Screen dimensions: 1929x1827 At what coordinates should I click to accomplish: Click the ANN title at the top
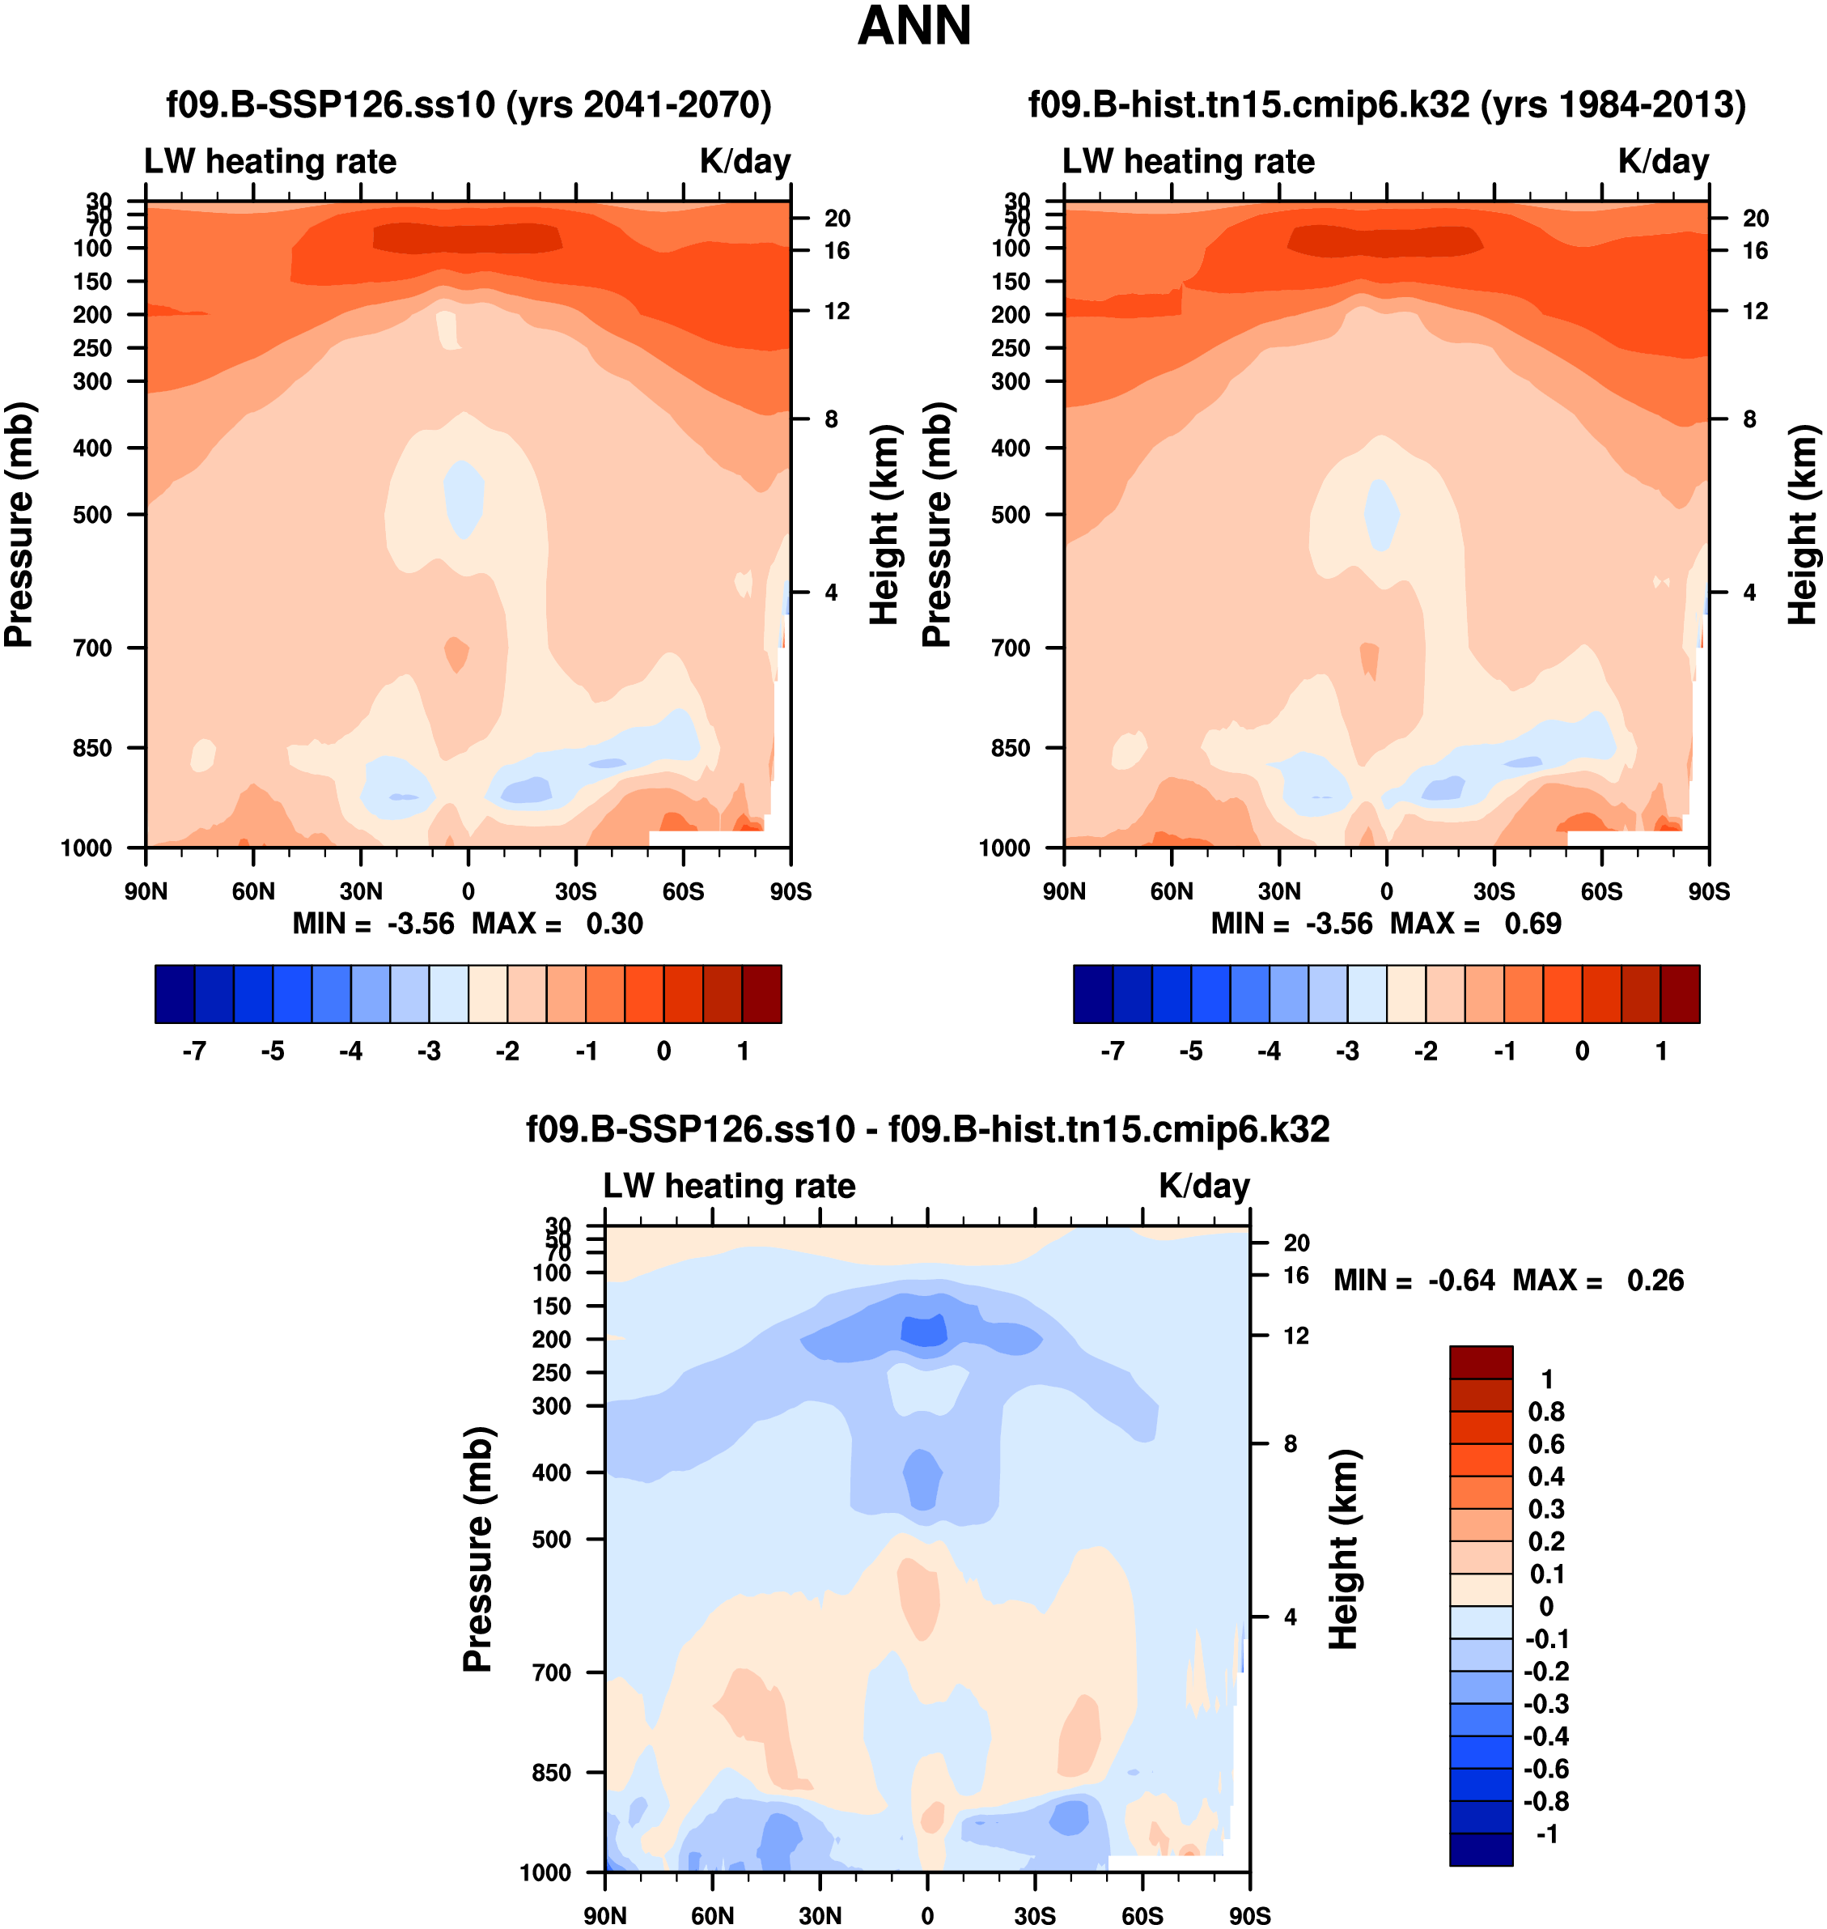[x=913, y=26]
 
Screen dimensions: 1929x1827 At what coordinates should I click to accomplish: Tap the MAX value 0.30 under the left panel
[x=614, y=924]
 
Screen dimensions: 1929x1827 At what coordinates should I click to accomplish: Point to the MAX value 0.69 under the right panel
[x=1533, y=924]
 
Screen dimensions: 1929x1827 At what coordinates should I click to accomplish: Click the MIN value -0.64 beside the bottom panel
[x=1460, y=1280]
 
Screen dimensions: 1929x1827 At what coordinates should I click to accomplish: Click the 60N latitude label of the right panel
[x=1172, y=891]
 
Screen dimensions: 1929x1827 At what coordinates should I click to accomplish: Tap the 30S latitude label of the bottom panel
[x=1035, y=1915]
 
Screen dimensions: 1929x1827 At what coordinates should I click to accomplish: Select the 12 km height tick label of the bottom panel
[x=1296, y=1336]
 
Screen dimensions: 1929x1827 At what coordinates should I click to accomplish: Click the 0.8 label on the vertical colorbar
[x=1546, y=1412]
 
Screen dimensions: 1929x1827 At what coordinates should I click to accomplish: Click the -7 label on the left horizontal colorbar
[x=194, y=1052]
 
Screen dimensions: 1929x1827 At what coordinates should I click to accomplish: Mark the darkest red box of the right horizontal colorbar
[x=1680, y=994]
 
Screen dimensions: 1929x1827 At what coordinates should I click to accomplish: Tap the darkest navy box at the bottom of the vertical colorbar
[x=1482, y=1849]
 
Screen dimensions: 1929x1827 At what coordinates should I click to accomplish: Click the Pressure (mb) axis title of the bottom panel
[x=478, y=1549]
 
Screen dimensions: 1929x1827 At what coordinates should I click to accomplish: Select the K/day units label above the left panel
[x=745, y=162]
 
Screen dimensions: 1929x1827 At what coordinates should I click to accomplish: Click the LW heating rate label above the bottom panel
[x=730, y=1186]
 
